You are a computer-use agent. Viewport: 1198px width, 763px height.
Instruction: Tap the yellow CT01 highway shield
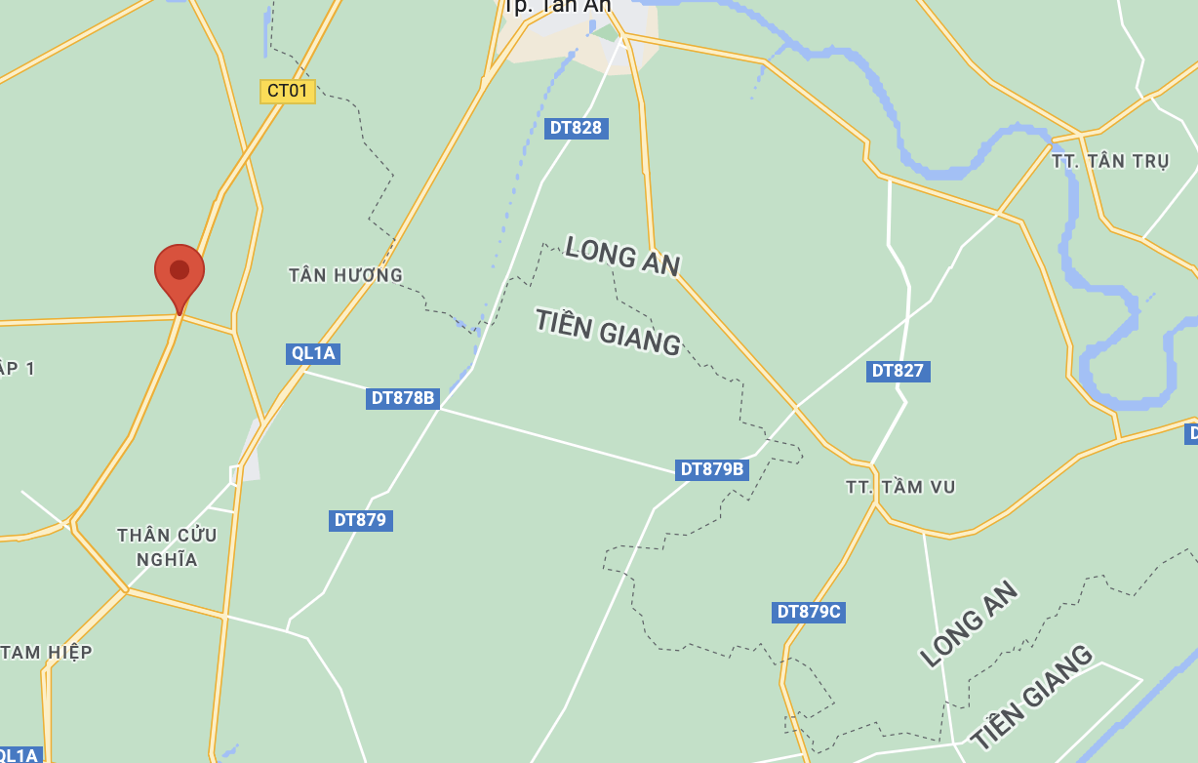(x=288, y=92)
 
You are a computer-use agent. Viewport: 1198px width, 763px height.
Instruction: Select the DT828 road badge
(x=576, y=128)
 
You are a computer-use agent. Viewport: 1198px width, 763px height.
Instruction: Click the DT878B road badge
(x=403, y=398)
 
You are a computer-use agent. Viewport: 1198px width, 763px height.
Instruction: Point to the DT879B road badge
(x=712, y=469)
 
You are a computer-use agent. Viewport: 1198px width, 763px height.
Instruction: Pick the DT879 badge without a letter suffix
(x=360, y=520)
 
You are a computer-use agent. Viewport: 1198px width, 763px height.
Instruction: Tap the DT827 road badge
(x=898, y=371)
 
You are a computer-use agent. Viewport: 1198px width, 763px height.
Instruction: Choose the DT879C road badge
(x=809, y=612)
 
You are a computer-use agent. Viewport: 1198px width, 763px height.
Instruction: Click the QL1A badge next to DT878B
(x=313, y=353)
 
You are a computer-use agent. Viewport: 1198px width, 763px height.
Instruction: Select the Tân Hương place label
(x=345, y=275)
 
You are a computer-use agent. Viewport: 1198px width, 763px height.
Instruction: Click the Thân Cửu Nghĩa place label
(x=167, y=547)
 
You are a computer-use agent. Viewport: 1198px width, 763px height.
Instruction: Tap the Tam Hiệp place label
(x=47, y=652)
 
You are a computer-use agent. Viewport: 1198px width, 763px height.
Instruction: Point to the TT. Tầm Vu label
(x=900, y=487)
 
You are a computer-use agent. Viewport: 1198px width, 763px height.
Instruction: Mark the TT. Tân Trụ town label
(x=1110, y=161)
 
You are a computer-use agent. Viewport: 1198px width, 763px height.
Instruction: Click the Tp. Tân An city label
(x=557, y=7)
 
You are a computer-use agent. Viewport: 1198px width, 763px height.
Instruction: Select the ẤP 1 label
(x=17, y=368)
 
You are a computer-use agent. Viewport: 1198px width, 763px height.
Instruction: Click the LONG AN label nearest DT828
(x=621, y=256)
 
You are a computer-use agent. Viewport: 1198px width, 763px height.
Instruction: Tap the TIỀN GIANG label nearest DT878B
(x=607, y=331)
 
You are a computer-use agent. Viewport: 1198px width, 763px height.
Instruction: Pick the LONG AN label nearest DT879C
(x=970, y=624)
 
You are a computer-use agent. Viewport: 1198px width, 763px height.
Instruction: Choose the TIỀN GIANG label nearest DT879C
(x=1031, y=696)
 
